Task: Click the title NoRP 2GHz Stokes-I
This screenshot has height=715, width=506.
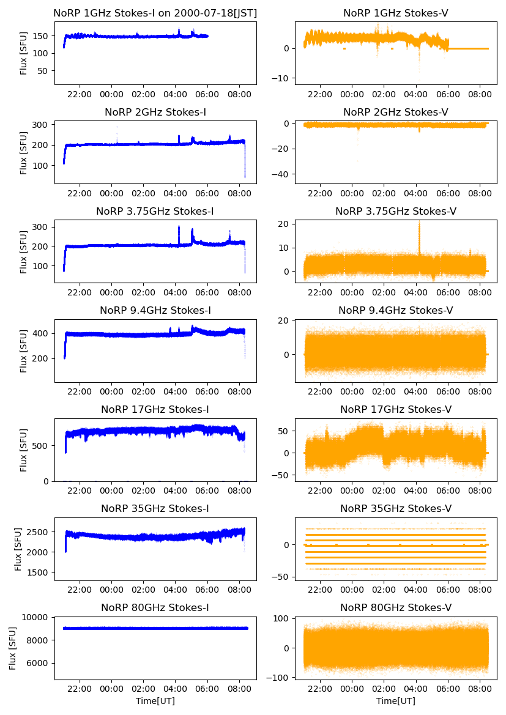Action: (155, 112)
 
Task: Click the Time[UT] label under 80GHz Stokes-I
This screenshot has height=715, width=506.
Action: (155, 701)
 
